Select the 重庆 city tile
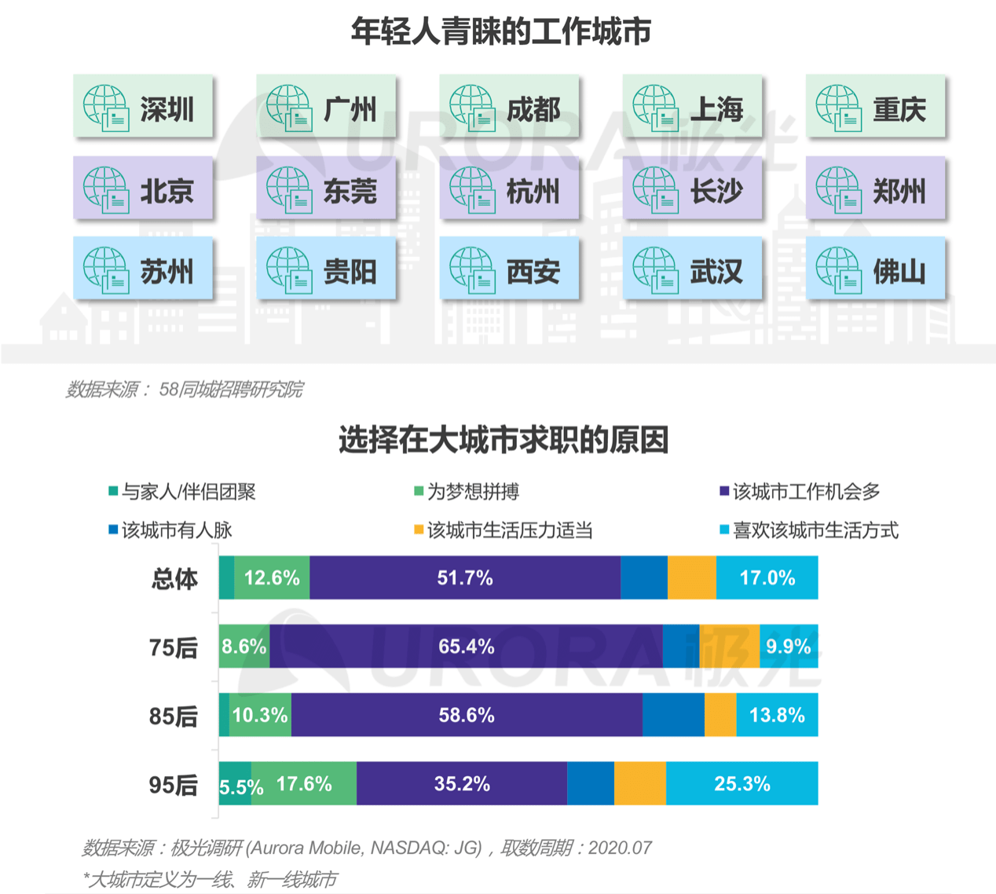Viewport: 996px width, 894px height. [x=875, y=108]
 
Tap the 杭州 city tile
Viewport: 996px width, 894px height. [x=509, y=189]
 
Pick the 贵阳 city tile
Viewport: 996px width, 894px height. [x=326, y=270]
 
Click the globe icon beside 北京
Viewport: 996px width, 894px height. [x=106, y=190]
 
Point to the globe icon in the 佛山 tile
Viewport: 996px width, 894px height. [x=838, y=270]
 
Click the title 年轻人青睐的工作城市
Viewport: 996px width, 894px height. [x=500, y=31]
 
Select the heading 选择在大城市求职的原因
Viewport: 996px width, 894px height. [x=503, y=440]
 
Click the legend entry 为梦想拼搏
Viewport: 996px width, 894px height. [x=467, y=492]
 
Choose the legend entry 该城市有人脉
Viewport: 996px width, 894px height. [x=170, y=530]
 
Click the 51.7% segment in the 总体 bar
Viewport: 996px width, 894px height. [x=465, y=578]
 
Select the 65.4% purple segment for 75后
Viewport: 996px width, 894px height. [x=466, y=647]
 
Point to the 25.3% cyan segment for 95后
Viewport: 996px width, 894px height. [x=742, y=783]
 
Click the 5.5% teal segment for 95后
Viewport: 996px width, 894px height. [x=235, y=784]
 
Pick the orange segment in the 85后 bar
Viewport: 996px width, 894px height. [x=720, y=715]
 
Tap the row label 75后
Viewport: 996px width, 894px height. [x=174, y=647]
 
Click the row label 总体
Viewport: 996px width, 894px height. [x=174, y=579]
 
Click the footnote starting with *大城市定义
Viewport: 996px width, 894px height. [x=211, y=879]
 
